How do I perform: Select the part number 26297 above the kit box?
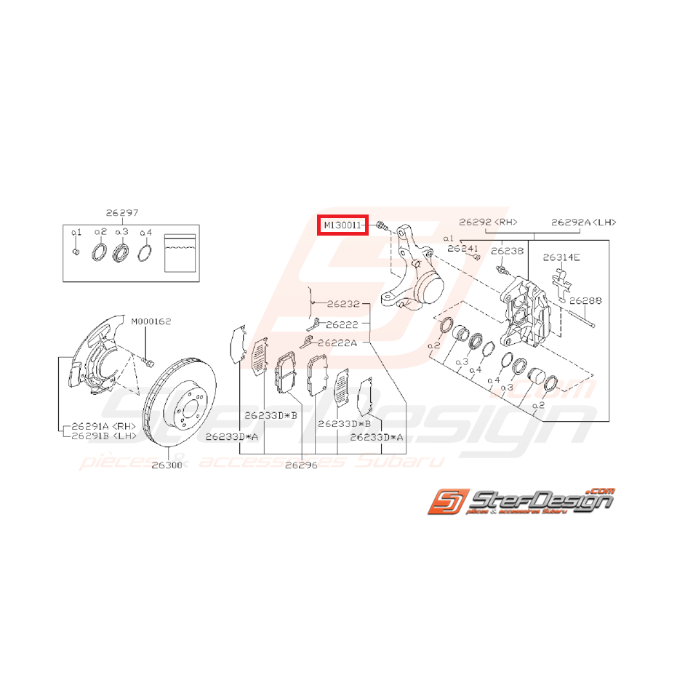pos(121,212)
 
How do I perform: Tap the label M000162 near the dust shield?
pos(151,321)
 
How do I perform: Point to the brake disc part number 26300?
pos(167,465)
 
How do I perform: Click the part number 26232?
pos(342,304)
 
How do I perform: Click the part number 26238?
pos(507,250)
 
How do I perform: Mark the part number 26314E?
pos(562,257)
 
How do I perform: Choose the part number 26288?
pos(585,299)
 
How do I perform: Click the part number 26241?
pos(464,248)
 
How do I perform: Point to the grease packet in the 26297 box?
pos(180,252)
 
